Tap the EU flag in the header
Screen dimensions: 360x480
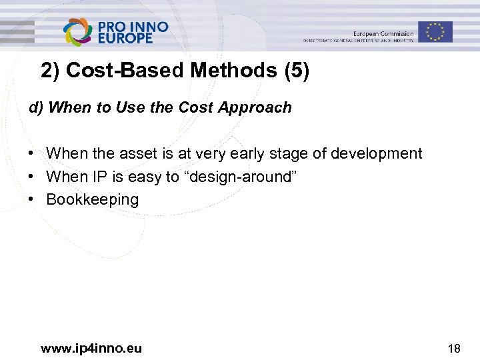(x=435, y=31)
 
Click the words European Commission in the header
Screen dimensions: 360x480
(x=383, y=33)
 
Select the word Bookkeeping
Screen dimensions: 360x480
(x=92, y=199)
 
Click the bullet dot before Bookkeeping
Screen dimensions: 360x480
(x=31, y=199)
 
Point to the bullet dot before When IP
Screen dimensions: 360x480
(x=31, y=177)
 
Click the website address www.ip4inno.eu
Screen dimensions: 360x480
(x=91, y=348)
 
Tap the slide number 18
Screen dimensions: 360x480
(x=454, y=348)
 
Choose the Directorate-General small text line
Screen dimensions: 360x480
(x=358, y=41)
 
